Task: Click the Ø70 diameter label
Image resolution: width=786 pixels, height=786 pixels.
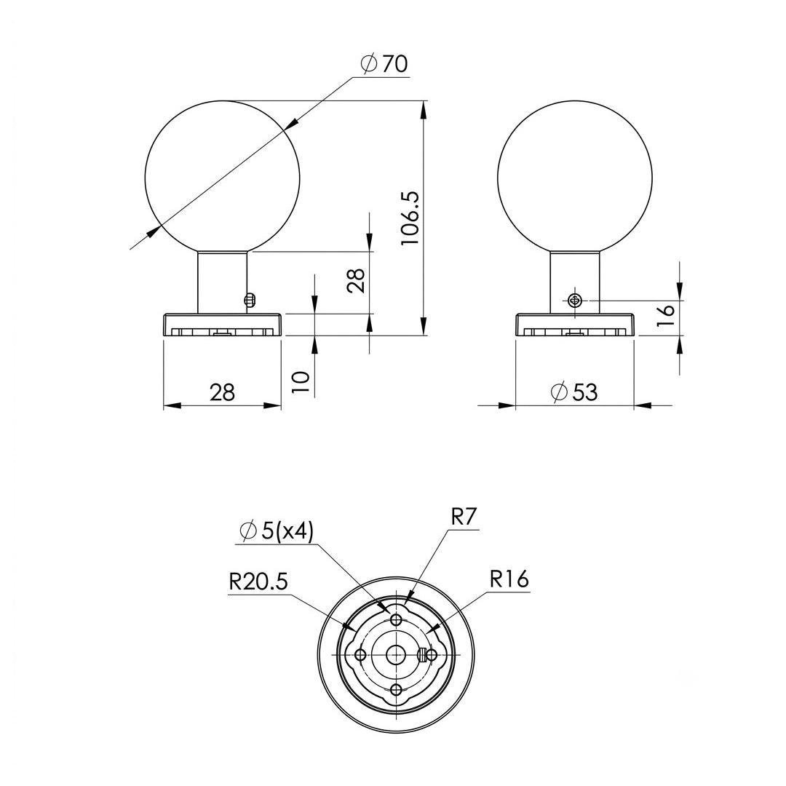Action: pyautogui.click(x=384, y=64)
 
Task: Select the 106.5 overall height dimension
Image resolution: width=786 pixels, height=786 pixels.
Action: pyautogui.click(x=410, y=218)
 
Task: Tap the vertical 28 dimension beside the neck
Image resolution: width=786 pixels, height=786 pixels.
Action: pyautogui.click(x=356, y=281)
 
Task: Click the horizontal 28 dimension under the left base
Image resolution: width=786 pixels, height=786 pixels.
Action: pyautogui.click(x=222, y=392)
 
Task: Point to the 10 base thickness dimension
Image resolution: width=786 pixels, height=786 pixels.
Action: pyautogui.click(x=301, y=383)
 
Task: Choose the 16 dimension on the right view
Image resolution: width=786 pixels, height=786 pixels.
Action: pyautogui.click(x=666, y=316)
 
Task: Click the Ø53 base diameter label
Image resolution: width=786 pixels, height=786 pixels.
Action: pyautogui.click(x=574, y=392)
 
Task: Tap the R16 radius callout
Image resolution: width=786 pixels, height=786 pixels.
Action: pyautogui.click(x=509, y=579)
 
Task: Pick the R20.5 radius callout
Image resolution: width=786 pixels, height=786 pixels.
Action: pyautogui.click(x=258, y=582)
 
